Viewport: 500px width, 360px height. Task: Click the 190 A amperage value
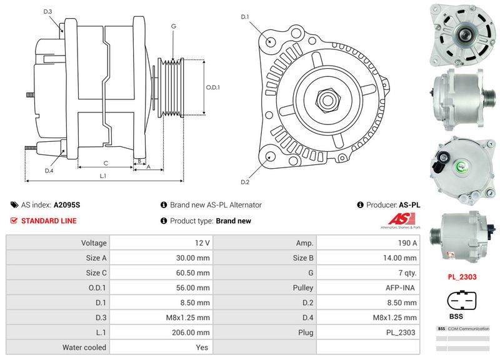(x=407, y=242)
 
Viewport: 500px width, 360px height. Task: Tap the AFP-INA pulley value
(x=402, y=287)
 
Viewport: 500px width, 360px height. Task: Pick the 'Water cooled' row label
(x=84, y=347)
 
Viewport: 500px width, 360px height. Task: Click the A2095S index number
(x=67, y=204)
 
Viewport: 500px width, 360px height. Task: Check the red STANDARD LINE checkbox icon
(x=14, y=221)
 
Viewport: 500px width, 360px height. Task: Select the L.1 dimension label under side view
(x=103, y=176)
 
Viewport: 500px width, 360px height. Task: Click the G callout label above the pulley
(x=173, y=27)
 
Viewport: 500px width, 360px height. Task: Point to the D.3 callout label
(x=48, y=11)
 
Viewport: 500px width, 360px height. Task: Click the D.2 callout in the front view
(x=245, y=182)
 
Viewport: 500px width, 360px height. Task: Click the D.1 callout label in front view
(x=245, y=16)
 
